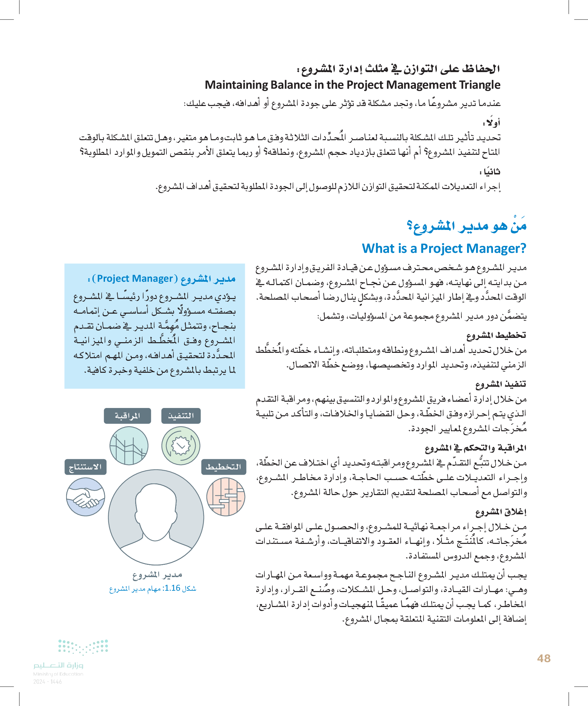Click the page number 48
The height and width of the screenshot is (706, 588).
tap(543, 658)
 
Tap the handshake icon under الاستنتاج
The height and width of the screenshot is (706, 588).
tap(85, 497)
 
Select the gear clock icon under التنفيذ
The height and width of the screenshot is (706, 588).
tap(181, 446)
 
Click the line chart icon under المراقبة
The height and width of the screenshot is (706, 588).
tap(129, 446)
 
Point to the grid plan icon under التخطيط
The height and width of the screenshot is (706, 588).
tap(226, 497)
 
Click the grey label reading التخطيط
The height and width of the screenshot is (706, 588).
tap(224, 467)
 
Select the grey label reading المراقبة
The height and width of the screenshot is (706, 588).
tap(128, 416)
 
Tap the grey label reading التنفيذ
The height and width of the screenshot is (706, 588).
tap(181, 416)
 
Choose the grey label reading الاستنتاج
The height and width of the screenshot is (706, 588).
tap(85, 467)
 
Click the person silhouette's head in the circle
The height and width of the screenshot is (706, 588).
tap(156, 504)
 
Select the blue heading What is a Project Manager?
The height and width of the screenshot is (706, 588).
tap(444, 249)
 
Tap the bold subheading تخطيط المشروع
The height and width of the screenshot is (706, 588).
tap(496, 335)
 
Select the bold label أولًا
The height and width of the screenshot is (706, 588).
tap(491, 123)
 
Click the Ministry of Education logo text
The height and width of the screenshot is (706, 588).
tap(58, 666)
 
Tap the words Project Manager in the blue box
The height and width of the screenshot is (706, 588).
tap(135, 279)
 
